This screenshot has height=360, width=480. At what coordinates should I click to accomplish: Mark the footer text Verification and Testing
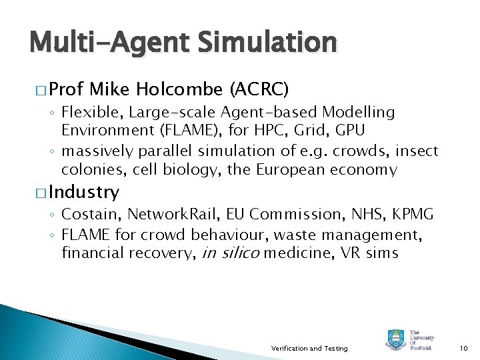(x=309, y=348)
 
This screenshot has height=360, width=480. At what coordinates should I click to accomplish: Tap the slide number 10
(x=465, y=348)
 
